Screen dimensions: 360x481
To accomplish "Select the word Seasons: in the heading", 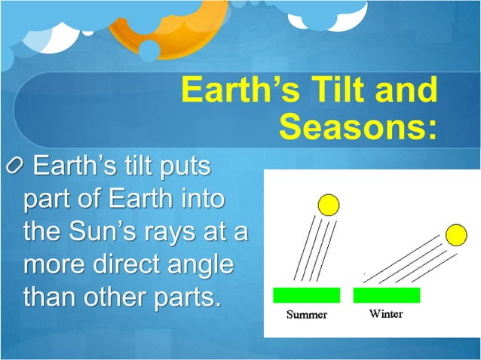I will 358,127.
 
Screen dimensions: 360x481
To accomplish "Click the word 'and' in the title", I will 405,91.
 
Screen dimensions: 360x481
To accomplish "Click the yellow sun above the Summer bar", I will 328,204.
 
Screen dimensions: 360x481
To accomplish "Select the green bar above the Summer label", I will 306,294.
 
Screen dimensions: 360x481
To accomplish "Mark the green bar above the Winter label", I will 386,294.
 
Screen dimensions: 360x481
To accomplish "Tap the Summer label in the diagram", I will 306,315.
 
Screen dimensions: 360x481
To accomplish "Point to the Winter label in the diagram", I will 385,314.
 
